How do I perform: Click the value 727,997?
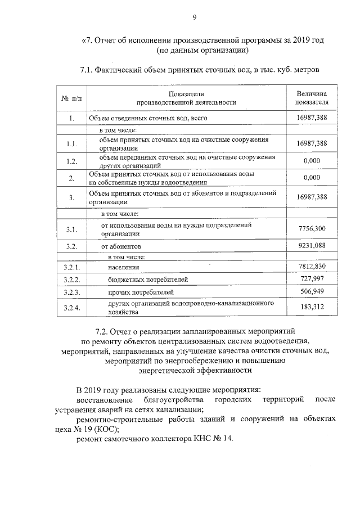pyautogui.click(x=314, y=280)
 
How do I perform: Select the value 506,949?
pyautogui.click(x=314, y=292)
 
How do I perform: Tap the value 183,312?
pyautogui.click(x=314, y=307)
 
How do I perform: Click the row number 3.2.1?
pyautogui.click(x=71, y=267)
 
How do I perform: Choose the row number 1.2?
pyautogui.click(x=71, y=162)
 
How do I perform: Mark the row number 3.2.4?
pyautogui.click(x=71, y=307)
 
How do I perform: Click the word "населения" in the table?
pyautogui.click(x=124, y=267)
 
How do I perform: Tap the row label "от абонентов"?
pyautogui.click(x=121, y=246)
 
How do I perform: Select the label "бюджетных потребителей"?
pyautogui.click(x=147, y=280)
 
